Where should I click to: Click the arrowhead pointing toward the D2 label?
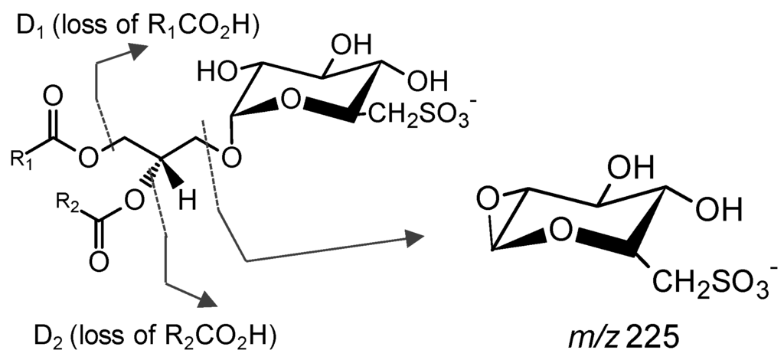pyautogui.click(x=206, y=299)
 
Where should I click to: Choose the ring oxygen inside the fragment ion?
pyautogui.click(x=563, y=228)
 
